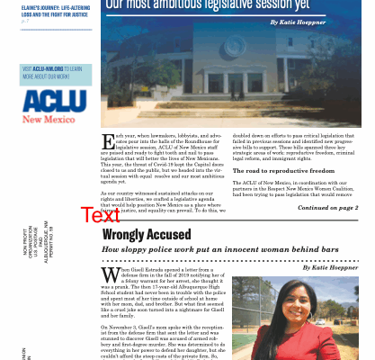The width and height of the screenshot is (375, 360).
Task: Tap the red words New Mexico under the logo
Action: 53,118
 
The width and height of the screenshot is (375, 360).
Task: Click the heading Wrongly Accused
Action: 147,234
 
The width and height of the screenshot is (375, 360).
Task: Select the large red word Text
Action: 100,214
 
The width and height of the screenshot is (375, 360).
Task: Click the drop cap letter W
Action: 110,274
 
